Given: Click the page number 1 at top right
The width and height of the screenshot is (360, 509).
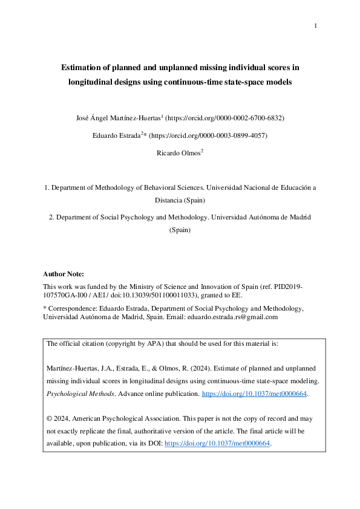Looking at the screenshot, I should [315, 25].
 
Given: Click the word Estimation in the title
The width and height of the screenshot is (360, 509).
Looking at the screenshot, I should [83, 68].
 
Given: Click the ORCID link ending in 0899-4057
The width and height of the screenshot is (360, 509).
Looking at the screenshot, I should [206, 135].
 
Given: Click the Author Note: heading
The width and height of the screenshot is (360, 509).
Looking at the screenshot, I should [64, 274].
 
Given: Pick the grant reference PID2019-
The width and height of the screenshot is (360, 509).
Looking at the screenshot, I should [287, 287].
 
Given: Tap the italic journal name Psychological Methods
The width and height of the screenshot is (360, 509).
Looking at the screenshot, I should [74, 394].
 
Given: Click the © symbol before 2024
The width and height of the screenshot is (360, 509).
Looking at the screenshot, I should [49, 418].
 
